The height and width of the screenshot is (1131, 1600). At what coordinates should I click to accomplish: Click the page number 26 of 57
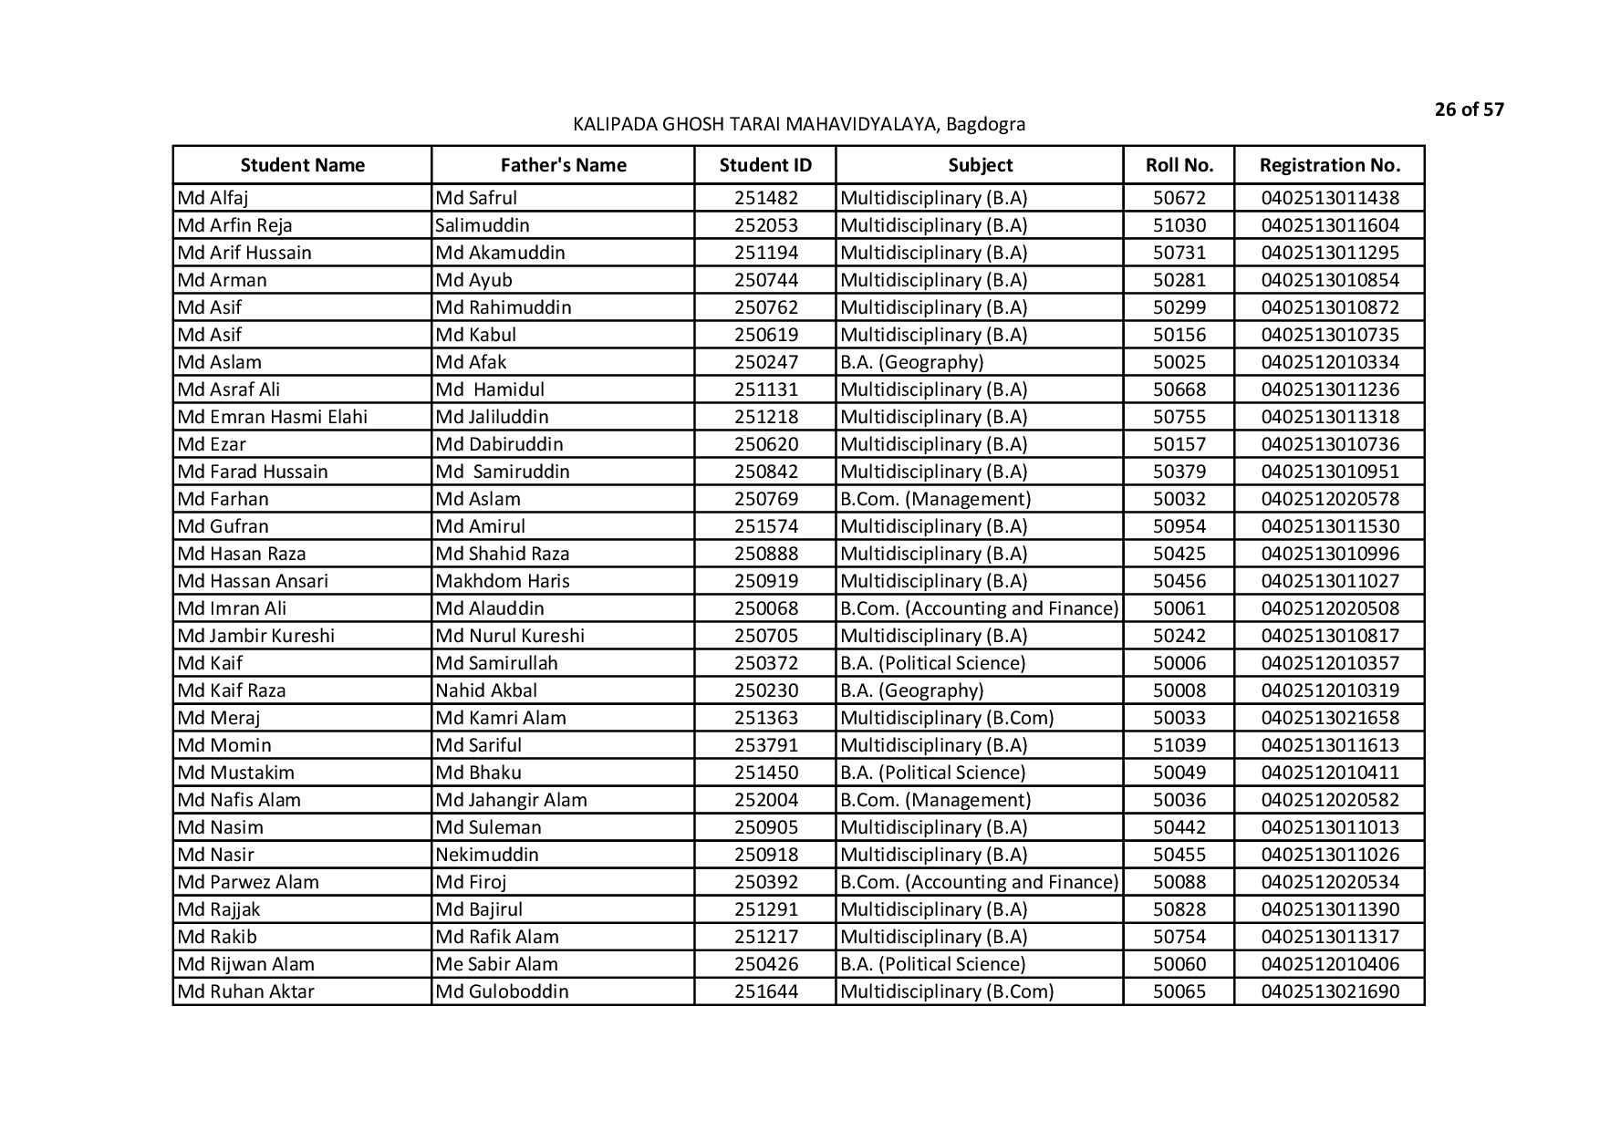1469,109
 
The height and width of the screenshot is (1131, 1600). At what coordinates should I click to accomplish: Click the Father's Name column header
563,165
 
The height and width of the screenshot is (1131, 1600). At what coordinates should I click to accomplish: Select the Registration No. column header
1329,165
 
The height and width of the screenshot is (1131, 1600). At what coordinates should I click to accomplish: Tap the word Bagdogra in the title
985,124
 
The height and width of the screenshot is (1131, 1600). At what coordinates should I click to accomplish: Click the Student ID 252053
765,225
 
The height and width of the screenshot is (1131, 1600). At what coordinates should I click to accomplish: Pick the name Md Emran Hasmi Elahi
273,417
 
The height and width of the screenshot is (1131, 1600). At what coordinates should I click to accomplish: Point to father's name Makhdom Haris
503,581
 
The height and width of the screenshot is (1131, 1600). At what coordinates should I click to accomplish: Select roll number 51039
1179,745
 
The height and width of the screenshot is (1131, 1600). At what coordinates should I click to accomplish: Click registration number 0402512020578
1329,499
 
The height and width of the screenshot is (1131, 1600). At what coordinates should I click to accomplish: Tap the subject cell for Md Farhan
935,499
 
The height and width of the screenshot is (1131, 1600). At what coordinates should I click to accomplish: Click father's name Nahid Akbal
486,690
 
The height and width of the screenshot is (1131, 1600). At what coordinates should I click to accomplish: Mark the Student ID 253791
765,745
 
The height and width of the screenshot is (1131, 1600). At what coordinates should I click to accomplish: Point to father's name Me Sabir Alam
496,964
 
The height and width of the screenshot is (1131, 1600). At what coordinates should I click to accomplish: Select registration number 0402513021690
1329,991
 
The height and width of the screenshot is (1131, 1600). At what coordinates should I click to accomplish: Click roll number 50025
1179,362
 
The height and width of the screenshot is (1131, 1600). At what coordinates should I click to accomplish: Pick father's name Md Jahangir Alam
511,800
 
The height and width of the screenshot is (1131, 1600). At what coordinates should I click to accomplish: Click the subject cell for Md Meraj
946,718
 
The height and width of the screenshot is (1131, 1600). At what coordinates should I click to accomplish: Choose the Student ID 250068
765,608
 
